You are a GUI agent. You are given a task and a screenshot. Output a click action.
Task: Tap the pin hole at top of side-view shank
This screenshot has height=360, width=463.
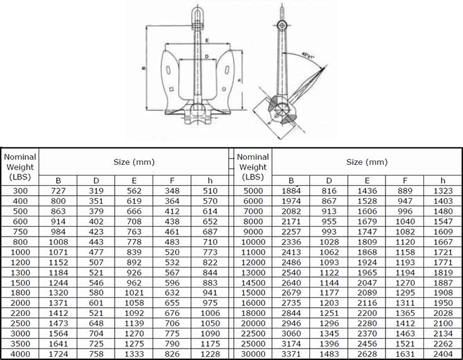click(282, 25)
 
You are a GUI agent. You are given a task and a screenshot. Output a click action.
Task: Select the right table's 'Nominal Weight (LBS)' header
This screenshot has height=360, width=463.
click(253, 167)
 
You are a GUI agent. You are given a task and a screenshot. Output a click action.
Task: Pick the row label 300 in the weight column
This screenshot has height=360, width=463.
click(21, 190)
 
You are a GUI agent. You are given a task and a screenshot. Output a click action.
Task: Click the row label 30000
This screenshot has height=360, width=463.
click(253, 354)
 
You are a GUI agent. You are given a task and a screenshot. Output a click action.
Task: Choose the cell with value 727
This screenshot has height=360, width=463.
click(58, 190)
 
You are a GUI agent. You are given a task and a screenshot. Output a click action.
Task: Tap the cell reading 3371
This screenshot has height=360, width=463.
click(291, 354)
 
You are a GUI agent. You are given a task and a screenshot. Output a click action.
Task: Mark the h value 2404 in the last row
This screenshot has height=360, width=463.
click(443, 354)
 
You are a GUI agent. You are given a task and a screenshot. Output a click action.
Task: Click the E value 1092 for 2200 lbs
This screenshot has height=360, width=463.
click(134, 313)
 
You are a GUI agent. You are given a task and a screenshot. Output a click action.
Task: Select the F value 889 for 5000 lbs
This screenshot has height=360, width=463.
click(405, 190)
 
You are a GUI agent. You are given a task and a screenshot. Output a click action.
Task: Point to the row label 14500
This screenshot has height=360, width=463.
click(253, 283)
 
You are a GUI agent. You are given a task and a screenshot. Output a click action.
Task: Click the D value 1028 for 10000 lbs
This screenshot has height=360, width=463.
click(329, 242)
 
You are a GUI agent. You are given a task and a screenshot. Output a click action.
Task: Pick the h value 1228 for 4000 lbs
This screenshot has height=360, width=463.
click(210, 354)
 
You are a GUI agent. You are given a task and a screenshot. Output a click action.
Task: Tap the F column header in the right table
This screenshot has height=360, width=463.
click(405, 181)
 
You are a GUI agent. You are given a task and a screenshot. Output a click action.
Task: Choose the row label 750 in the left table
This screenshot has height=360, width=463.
click(21, 231)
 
